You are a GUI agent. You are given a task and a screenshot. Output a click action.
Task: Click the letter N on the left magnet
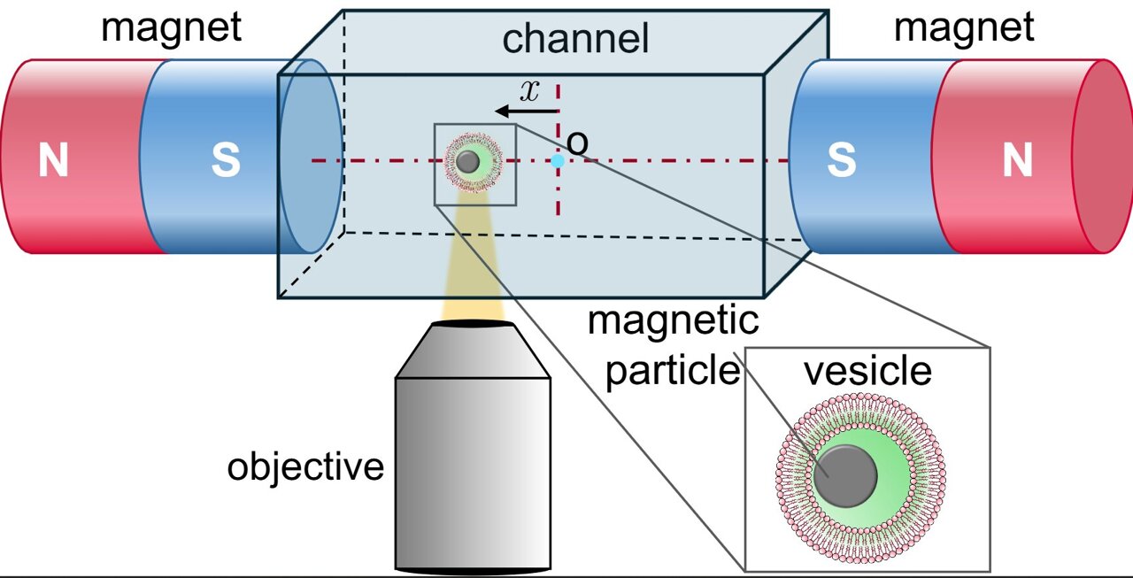(x=53, y=162)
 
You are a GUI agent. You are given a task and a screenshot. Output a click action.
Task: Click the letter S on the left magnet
(x=226, y=162)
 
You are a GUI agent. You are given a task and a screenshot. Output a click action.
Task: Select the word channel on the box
(x=575, y=39)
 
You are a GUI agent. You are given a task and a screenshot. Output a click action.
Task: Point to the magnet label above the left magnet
(x=171, y=27)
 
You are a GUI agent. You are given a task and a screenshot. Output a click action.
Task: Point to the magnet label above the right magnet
(x=963, y=27)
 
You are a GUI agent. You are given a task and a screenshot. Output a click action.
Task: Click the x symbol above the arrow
(x=529, y=91)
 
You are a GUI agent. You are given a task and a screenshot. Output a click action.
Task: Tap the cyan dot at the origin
(x=558, y=161)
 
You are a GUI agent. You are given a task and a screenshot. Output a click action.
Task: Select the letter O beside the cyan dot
(x=577, y=143)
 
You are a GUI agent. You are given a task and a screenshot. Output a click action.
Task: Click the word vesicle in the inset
(x=867, y=372)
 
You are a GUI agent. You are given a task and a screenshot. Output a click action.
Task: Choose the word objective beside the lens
(x=305, y=466)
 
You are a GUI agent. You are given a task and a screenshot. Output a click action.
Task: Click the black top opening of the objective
(x=473, y=324)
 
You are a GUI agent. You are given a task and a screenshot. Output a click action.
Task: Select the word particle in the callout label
(x=672, y=370)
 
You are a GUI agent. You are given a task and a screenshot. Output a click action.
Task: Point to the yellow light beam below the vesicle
(x=473, y=266)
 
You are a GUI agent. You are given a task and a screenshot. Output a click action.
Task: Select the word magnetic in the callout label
(x=673, y=321)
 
